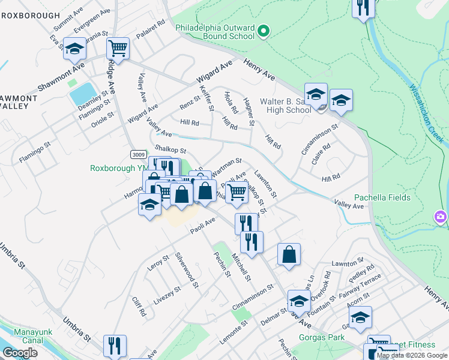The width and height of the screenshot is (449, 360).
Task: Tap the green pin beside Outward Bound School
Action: pyautogui.click(x=262, y=31)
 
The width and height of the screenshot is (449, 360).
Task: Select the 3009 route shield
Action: pyautogui.click(x=138, y=155)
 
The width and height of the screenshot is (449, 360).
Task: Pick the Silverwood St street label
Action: pyautogui.click(x=187, y=269)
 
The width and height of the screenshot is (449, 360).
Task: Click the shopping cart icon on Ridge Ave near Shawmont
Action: pyautogui.click(x=118, y=48)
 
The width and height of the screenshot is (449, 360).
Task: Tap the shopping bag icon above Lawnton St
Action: pyautogui.click(x=289, y=254)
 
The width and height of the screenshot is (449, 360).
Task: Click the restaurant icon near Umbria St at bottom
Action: pyautogui.click(x=114, y=346)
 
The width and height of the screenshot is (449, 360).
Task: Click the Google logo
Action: pyautogui.click(x=20, y=353)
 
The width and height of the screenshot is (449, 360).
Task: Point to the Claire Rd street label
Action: pyautogui.click(x=324, y=155)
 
